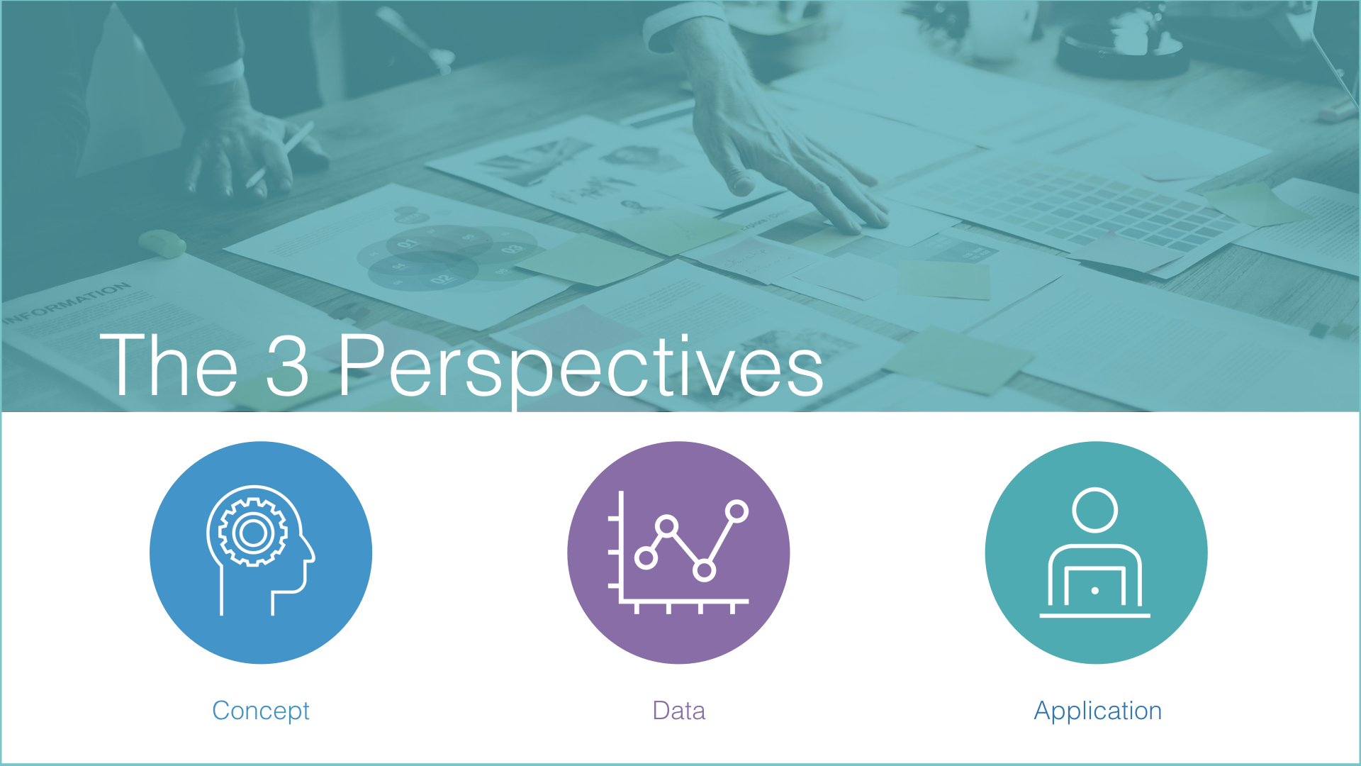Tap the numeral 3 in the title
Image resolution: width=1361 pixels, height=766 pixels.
coord(287,365)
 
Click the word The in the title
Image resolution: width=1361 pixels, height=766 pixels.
coord(169,365)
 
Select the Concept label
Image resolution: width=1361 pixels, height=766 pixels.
coord(261,711)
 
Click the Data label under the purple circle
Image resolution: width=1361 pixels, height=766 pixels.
coord(678,711)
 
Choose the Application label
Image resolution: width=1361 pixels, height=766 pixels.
coord(1097,711)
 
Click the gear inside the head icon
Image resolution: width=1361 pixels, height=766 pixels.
coord(253,533)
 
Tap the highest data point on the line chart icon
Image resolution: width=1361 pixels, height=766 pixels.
coord(737,511)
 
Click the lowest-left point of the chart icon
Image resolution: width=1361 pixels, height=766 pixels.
coord(646,557)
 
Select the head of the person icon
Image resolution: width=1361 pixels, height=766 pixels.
coord(1095,510)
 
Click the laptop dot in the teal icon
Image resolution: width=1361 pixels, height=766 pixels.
coord(1095,591)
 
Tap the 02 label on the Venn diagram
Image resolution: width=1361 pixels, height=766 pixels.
coord(441,279)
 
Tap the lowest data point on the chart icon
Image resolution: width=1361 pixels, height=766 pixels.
coord(704,570)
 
